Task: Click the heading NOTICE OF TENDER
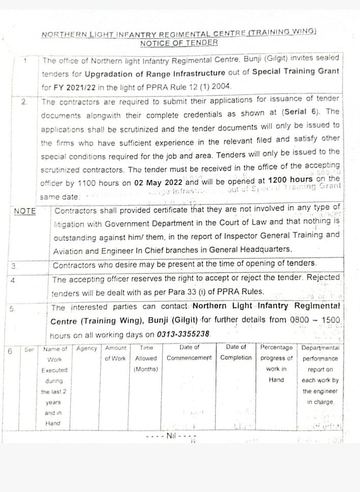tap(178, 43)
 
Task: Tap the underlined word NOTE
tap(24, 211)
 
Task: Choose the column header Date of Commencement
tap(189, 353)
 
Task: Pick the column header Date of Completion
tap(236, 353)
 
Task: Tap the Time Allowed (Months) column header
tap(146, 358)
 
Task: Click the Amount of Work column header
tap(115, 353)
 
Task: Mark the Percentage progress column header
tap(276, 363)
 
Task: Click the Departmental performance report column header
tap(320, 374)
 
